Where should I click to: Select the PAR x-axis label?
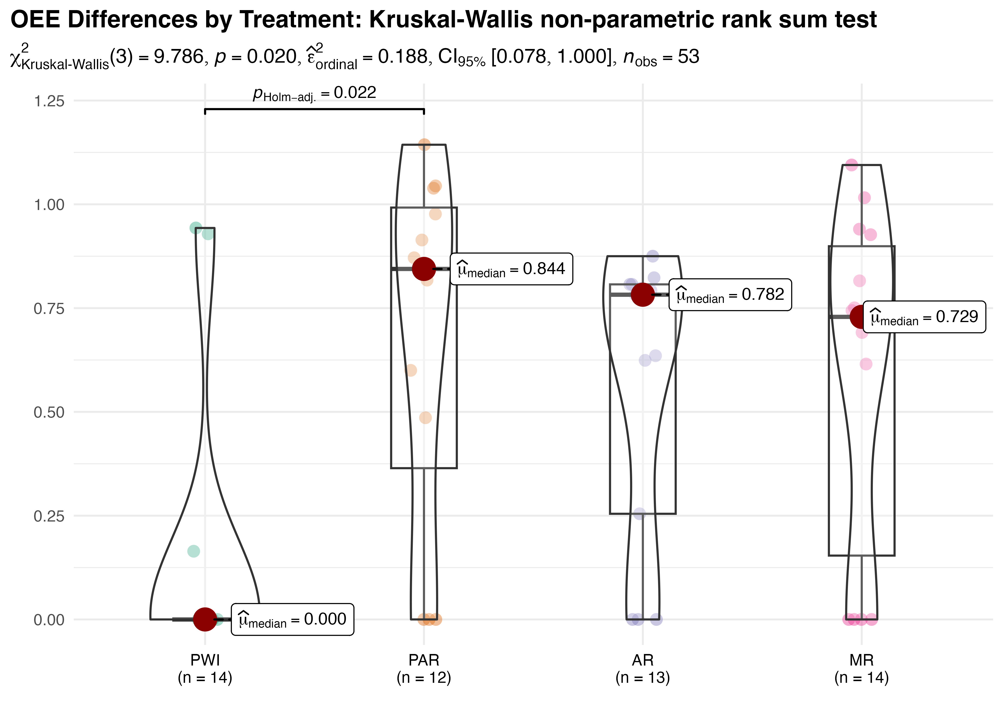tap(424, 660)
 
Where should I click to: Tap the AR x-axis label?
tap(643, 660)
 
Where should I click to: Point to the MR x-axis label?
tap(861, 660)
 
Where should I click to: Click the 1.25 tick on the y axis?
tap(49, 101)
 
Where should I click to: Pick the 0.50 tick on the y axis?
tap(49, 412)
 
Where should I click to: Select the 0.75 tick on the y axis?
tap(49, 309)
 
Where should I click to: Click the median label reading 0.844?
tap(511, 269)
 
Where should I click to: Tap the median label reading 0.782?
tap(730, 295)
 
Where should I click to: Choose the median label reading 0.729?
tap(924, 317)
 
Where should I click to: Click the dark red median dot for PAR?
tap(424, 269)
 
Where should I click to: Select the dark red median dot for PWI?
tap(205, 619)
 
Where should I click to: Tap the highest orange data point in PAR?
tap(424, 144)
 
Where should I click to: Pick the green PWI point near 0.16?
tap(194, 551)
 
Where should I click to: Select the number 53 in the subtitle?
tap(688, 57)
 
